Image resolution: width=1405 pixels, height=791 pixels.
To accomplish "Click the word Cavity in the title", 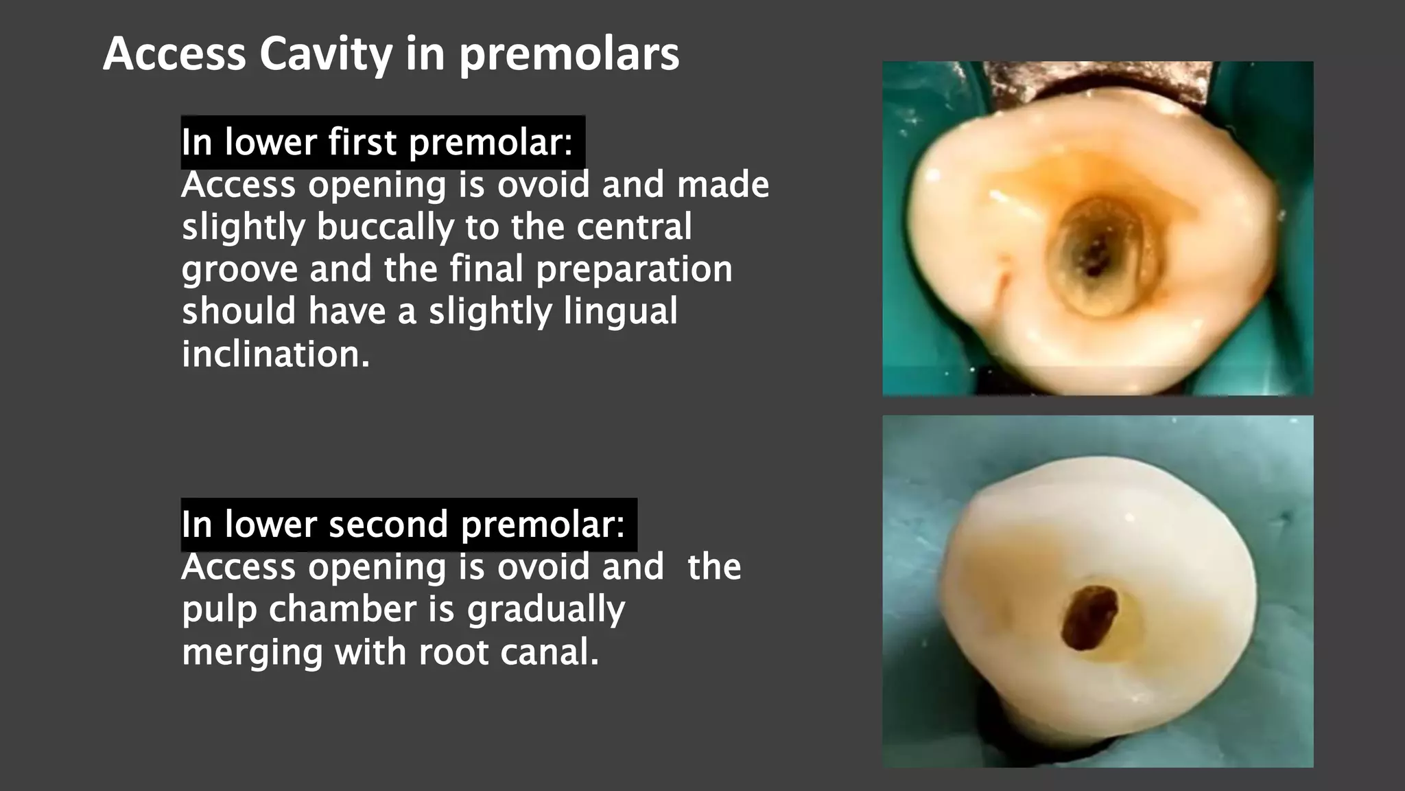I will [326, 54].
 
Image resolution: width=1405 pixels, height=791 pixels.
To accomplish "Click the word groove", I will [239, 270].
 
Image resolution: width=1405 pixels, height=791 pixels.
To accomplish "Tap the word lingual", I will [620, 312].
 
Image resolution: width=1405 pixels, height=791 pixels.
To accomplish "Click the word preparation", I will [634, 270].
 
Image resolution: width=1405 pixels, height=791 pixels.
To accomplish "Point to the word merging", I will [252, 652].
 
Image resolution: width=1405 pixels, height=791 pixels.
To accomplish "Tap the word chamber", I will [342, 609].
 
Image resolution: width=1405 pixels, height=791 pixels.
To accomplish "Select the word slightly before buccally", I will [243, 227].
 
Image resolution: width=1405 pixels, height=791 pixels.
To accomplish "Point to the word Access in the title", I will [174, 54].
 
